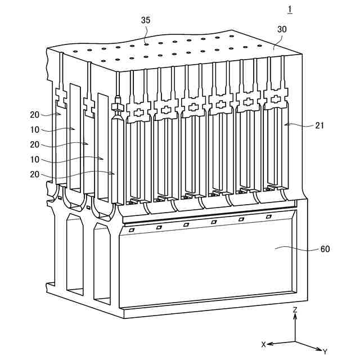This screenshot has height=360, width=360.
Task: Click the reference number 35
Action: pyautogui.click(x=146, y=20)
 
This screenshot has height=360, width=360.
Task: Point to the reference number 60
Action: pyautogui.click(x=324, y=249)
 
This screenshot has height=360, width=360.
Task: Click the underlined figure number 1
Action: pyautogui.click(x=290, y=8)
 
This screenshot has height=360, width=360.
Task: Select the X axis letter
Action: pyautogui.click(x=263, y=343)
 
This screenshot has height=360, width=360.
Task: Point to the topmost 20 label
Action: pyautogui.click(x=35, y=115)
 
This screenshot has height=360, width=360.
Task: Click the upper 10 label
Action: pyautogui.click(x=35, y=129)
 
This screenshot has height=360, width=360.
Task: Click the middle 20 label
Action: pyautogui.click(x=35, y=144)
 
